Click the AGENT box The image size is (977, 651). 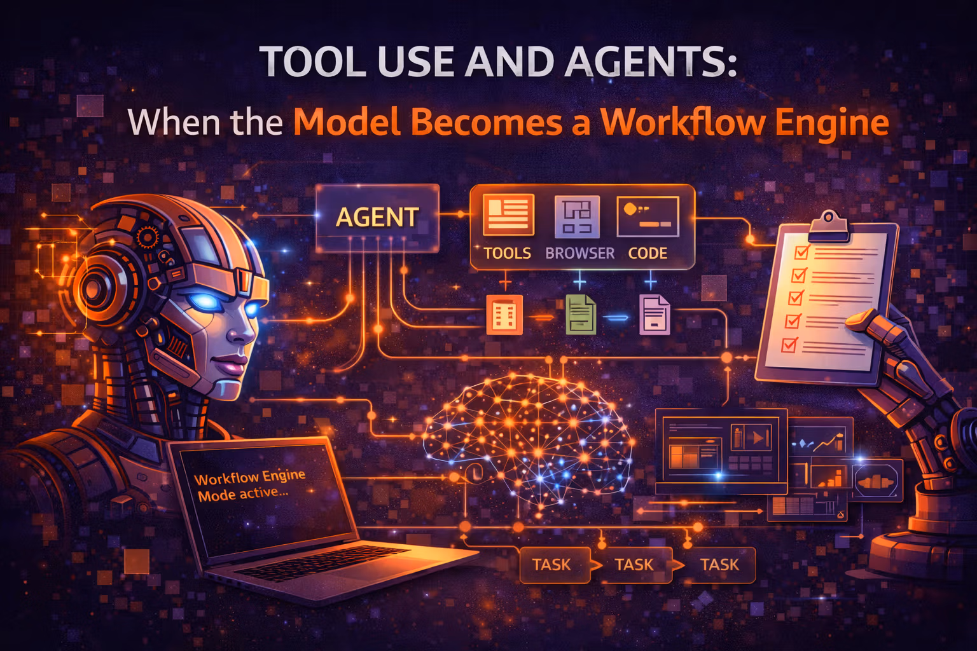point(377,217)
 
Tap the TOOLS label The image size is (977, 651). point(507,253)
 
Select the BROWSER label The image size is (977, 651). point(579,253)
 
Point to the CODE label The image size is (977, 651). point(648,253)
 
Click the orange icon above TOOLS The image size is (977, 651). point(508,215)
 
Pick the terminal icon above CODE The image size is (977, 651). point(648,216)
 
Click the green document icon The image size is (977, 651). point(580,315)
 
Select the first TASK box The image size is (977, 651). point(551,565)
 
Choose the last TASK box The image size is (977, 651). point(719,565)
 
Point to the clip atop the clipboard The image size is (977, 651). point(828,224)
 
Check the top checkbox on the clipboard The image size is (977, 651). point(801,252)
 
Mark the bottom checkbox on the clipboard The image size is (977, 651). point(789,345)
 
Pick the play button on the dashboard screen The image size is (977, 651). point(758,437)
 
